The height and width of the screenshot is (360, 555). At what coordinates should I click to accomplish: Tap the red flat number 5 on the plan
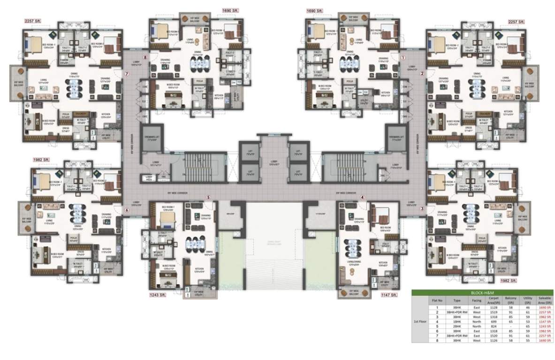[x=208, y=197]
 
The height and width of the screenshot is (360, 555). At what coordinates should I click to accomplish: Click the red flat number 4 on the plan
[x=362, y=197]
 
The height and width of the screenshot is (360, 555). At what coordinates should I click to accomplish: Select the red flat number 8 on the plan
[x=145, y=58]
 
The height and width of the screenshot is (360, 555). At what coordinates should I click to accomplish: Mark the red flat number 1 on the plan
[x=402, y=58]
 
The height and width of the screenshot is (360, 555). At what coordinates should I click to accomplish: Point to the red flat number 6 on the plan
[x=127, y=210]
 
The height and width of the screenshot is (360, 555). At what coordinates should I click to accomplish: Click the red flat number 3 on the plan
[x=421, y=209]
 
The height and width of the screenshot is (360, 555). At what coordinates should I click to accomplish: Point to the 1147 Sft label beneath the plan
[x=389, y=295]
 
